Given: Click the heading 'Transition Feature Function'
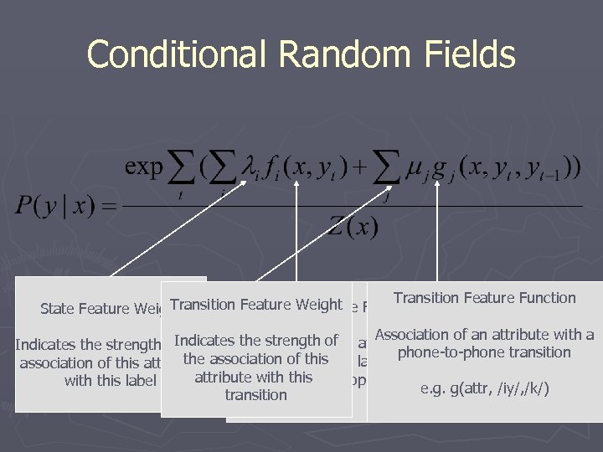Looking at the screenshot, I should coord(484,298).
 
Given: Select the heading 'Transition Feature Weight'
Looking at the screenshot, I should coord(255,305).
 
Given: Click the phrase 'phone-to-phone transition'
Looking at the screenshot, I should coord(484,352).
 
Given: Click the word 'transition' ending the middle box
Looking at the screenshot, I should coord(255,394).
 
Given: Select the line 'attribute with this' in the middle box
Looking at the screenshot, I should coord(255,377).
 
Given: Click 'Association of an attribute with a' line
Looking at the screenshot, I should coord(484,335).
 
